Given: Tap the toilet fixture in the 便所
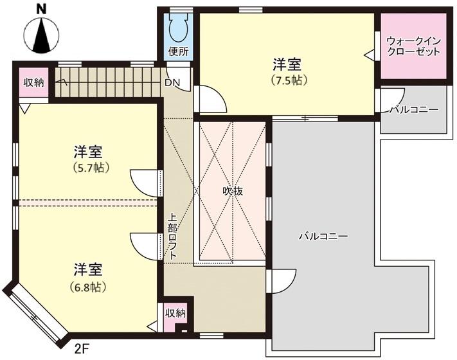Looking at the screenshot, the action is pos(178,28).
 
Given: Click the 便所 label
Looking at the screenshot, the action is pos(179,51).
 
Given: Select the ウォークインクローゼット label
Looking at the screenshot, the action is pos(413,46).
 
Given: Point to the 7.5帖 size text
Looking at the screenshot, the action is pos(289,80).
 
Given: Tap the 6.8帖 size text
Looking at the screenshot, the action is pos(87,287).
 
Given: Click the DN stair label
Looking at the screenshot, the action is pos(172,83).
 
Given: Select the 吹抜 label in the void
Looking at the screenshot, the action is pos(233,191).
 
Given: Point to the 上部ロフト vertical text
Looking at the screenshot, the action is pos(173,237).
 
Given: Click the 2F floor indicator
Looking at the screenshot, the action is pos(82,348).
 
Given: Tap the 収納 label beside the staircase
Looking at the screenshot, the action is pos(34,82).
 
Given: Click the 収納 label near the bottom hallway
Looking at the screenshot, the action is pos(175,313).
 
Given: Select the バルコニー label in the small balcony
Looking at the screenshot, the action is pos(414,109).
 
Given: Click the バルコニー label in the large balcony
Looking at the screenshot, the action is pos(323,236).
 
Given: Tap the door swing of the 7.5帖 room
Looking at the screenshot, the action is pos(210,98).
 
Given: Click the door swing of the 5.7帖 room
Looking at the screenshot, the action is pos(145,183).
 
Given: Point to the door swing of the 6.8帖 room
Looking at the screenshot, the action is pos(145,246).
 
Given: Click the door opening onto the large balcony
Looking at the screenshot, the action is pos(282,282).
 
